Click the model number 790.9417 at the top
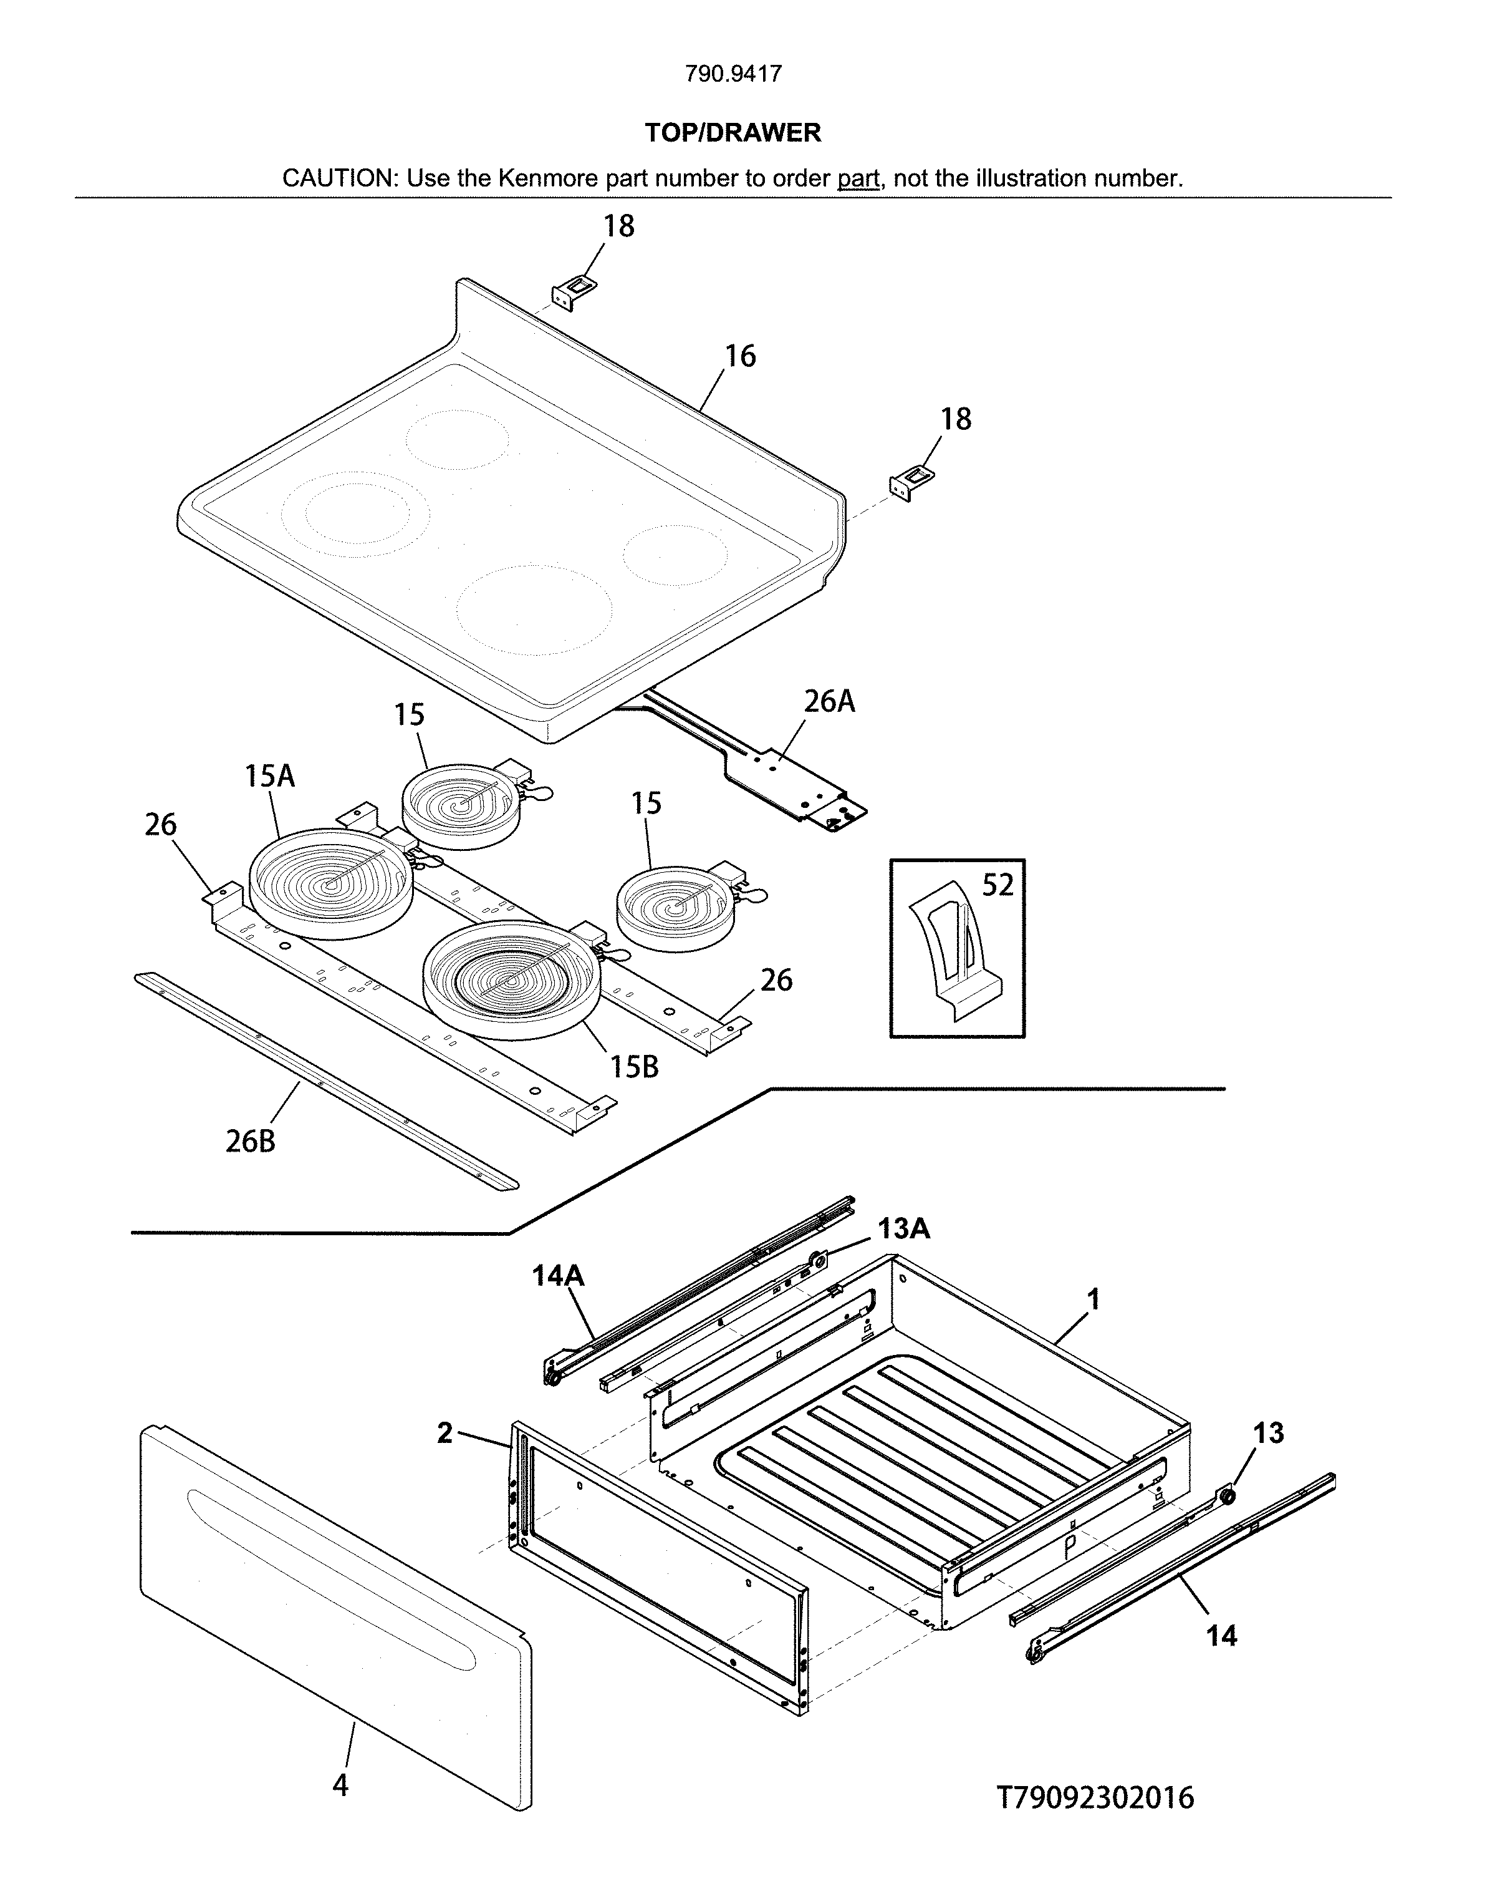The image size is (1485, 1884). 733,74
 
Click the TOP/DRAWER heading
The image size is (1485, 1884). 733,133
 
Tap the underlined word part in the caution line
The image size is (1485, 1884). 858,179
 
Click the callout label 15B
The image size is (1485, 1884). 634,1066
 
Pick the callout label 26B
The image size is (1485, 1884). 251,1141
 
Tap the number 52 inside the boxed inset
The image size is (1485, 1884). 997,885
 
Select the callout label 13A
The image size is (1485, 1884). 903,1228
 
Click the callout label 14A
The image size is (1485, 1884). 557,1276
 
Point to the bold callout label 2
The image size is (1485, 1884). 445,1432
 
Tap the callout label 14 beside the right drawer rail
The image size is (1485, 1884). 1221,1636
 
